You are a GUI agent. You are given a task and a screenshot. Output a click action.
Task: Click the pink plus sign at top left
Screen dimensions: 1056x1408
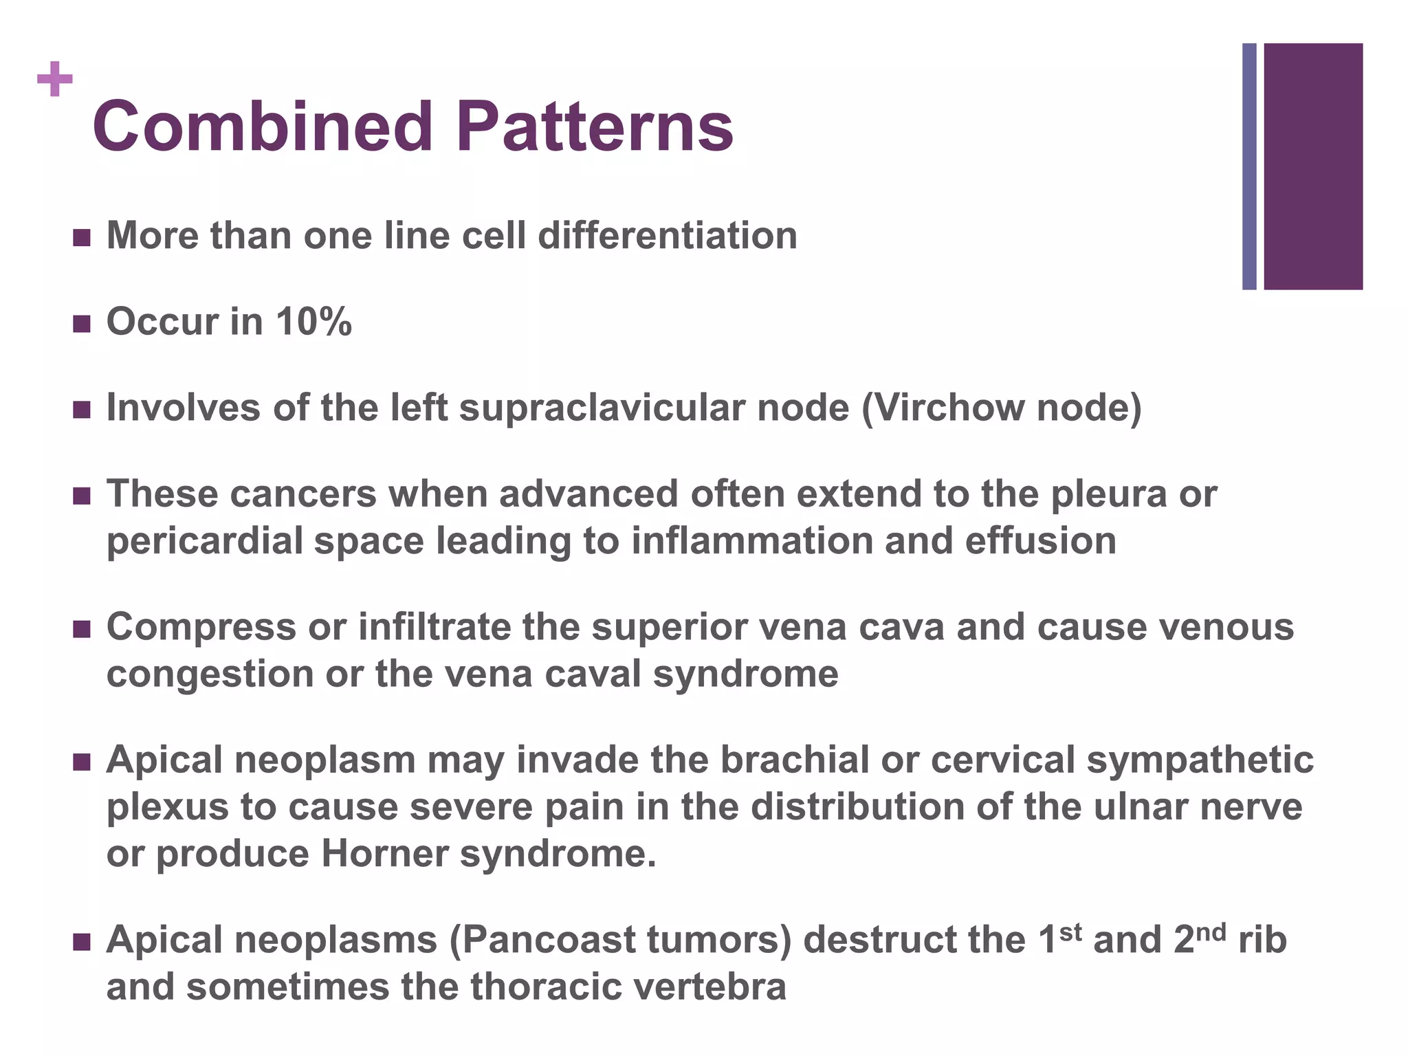(55, 80)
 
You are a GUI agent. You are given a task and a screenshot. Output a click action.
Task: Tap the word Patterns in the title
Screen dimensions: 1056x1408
(595, 127)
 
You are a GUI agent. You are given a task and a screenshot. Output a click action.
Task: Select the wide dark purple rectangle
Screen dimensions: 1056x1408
(1312, 166)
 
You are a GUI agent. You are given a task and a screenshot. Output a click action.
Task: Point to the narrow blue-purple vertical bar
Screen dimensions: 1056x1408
(1249, 166)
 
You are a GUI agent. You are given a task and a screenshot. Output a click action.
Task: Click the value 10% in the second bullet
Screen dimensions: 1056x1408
(314, 322)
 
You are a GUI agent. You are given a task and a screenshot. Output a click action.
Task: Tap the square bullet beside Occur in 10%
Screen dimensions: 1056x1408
(81, 323)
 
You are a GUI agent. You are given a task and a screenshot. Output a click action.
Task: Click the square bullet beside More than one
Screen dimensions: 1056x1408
(81, 237)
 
